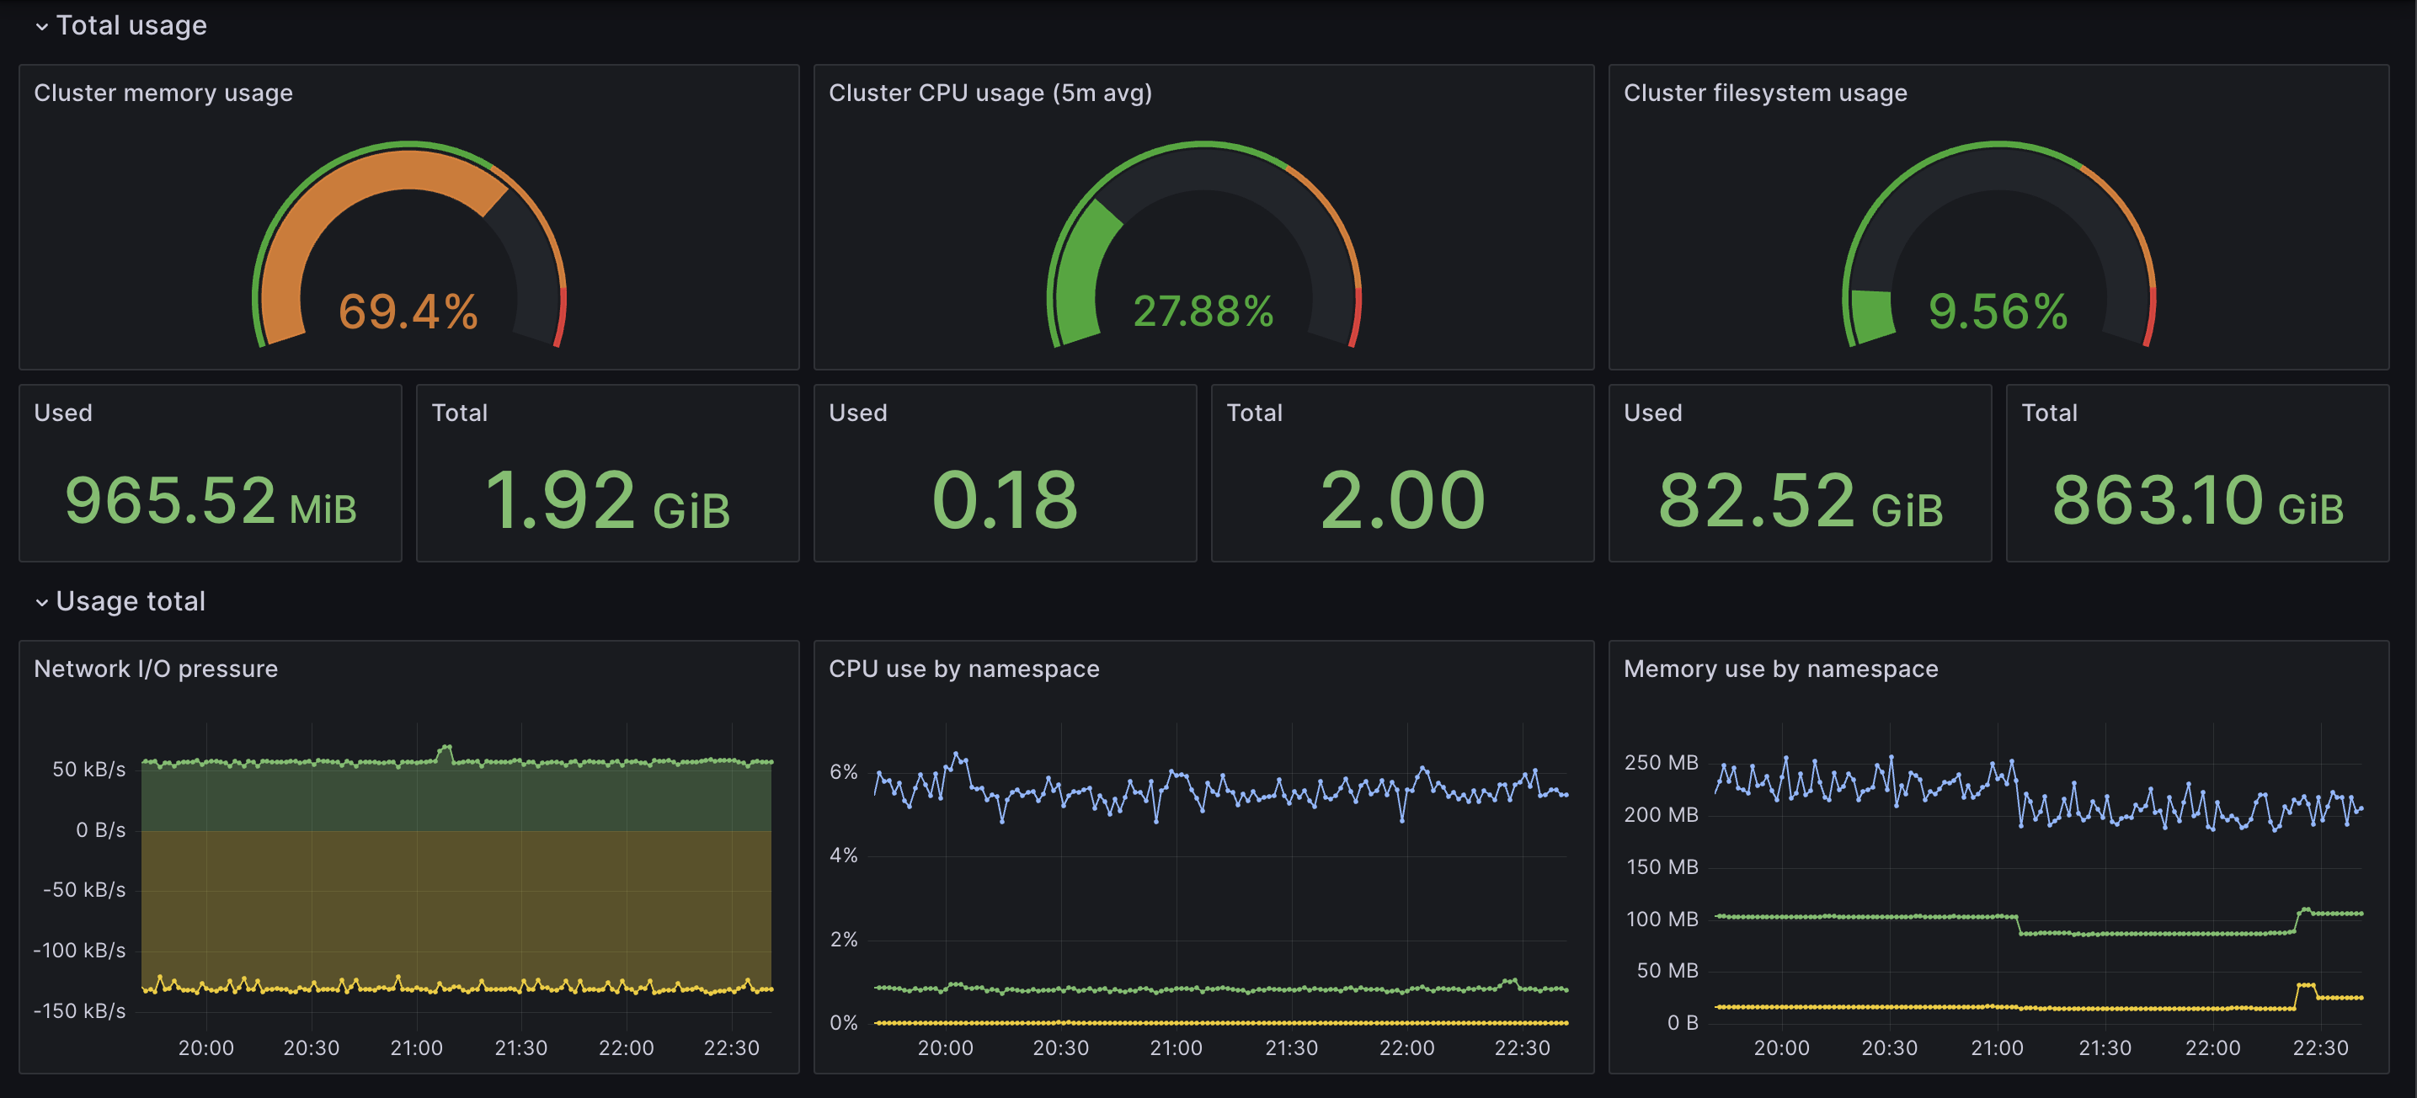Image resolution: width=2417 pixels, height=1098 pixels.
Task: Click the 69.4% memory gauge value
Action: pos(408,312)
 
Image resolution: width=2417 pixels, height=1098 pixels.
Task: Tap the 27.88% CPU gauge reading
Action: pos(1203,312)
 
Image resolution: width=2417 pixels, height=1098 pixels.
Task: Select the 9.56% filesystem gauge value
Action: pos(1998,312)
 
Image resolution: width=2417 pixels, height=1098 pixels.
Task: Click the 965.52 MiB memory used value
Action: pos(211,500)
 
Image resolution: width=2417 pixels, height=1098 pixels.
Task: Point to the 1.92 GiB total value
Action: pos(607,500)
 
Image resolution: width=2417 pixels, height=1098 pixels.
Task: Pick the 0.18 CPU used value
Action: pos(1005,500)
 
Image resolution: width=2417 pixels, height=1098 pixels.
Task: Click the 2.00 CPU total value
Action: pos(1402,500)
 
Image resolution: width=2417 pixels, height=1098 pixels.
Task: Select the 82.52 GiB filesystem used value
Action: pos(1800,500)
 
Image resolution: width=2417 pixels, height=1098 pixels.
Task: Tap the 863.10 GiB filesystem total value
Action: pos(2196,500)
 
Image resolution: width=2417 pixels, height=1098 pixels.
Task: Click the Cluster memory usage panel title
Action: pos(163,93)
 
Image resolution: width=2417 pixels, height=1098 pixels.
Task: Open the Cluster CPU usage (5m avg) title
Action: pos(990,93)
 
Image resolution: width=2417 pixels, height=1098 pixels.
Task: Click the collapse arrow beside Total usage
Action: pos(41,26)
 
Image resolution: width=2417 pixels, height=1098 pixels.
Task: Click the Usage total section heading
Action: pos(131,601)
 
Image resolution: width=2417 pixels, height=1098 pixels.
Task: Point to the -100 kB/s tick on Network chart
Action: pos(80,950)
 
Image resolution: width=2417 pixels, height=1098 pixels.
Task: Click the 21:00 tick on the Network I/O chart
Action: pos(416,1047)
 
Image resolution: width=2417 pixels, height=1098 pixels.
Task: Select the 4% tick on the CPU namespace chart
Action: pos(842,855)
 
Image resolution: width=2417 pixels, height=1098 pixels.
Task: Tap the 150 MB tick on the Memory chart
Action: pos(1662,866)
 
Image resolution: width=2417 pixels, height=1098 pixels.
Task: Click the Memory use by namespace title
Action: pos(1780,669)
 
